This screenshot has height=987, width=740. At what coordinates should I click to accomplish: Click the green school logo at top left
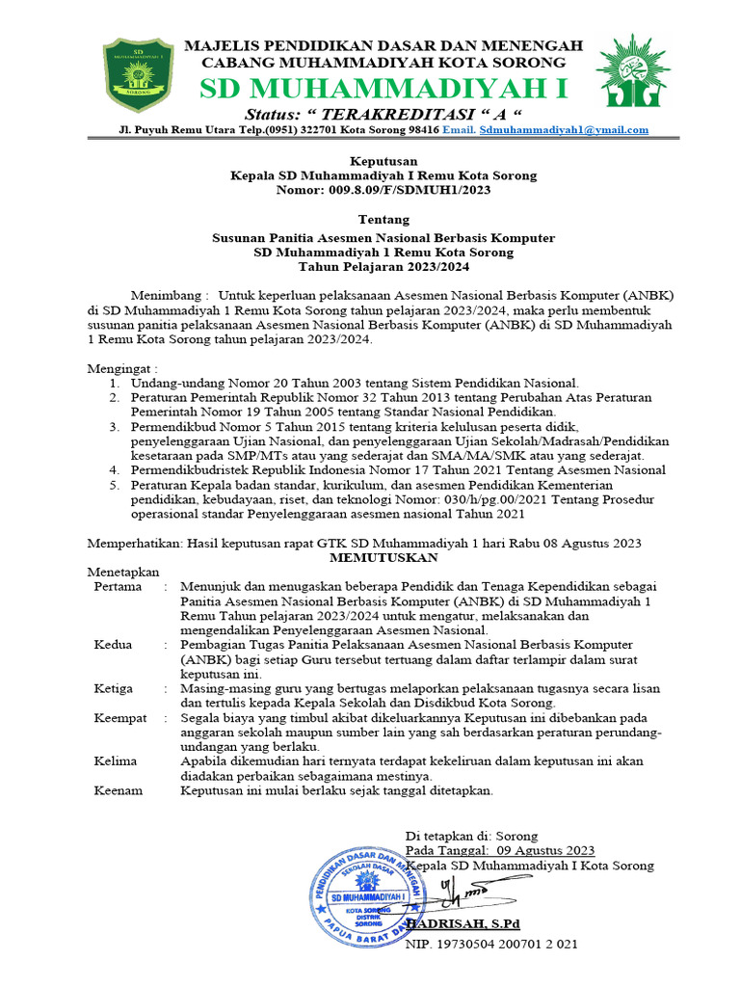138,74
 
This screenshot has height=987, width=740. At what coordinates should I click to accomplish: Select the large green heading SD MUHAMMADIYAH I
383,90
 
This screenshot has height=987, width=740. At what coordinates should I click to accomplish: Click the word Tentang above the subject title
369,221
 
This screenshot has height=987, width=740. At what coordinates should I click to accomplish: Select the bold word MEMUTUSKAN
383,557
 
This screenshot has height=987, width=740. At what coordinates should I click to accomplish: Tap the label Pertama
118,586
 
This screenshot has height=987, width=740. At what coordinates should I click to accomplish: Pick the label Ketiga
115,688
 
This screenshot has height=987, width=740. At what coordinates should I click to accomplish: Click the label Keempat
120,718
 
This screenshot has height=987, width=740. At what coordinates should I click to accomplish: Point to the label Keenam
119,790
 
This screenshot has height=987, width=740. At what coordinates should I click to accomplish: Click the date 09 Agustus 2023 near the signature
546,850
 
